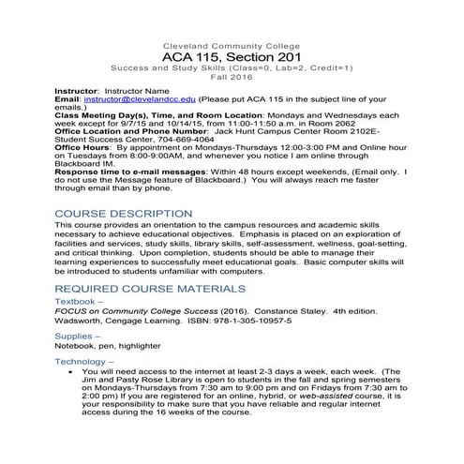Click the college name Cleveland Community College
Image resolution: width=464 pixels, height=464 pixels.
click(x=232, y=46)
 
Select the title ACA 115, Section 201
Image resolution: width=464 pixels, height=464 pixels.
click(x=232, y=58)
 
